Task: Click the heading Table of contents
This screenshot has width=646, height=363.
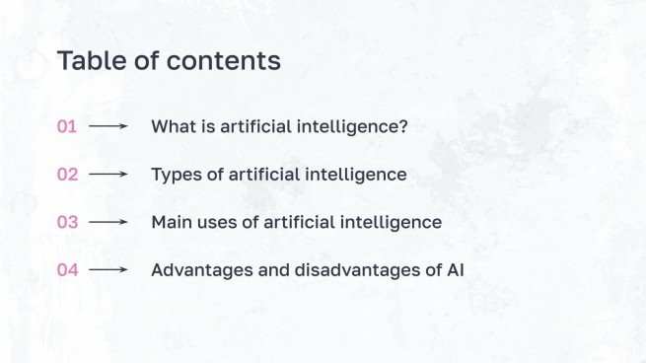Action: point(169,60)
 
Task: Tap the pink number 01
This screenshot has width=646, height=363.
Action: point(67,126)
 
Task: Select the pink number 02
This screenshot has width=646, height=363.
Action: point(67,175)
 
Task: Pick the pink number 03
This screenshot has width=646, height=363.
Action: point(67,222)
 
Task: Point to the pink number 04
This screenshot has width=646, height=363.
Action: point(67,269)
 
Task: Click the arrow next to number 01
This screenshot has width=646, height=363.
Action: point(108,126)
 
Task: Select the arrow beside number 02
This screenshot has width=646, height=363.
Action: point(108,175)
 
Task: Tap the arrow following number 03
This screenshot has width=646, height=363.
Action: point(108,222)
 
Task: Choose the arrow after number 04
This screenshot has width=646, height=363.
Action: point(108,269)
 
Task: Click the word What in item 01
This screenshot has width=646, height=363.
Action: point(172,126)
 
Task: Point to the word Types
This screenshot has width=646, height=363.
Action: point(175,175)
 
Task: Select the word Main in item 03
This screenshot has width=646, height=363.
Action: point(171,222)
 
